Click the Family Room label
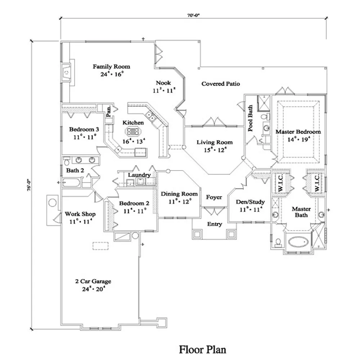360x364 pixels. pos(111,67)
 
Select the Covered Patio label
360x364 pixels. pos(221,84)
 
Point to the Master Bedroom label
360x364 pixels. pos(298,132)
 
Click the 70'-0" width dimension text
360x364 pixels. pos(193,15)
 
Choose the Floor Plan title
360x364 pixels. pos(203,349)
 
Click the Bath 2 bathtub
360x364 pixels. pos(71,182)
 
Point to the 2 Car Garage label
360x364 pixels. pos(93,281)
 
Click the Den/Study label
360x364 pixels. pos(250,202)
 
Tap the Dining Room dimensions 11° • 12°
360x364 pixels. pos(179,202)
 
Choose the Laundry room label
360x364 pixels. pos(139,175)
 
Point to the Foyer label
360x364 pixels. pos(214,197)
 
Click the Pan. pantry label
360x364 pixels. pos(108,112)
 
